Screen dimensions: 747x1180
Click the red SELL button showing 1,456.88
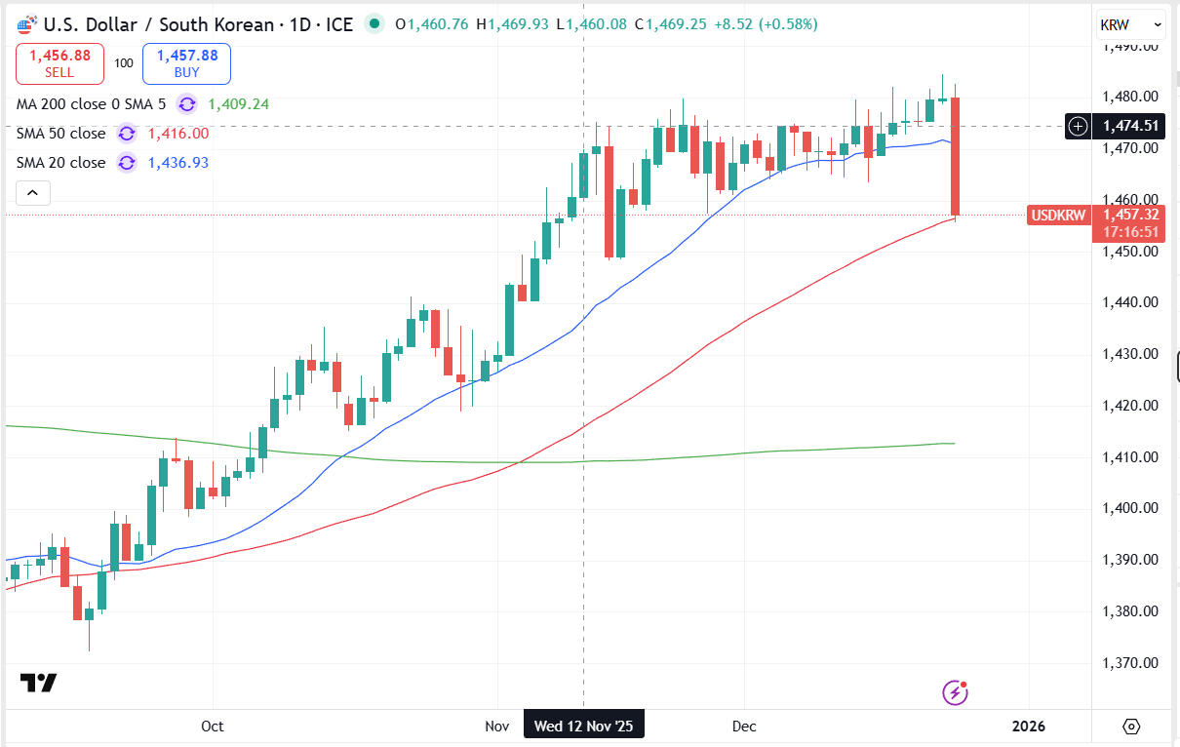click(59, 63)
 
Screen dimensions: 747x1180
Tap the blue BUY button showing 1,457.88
click(186, 63)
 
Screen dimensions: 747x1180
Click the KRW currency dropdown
click(1130, 24)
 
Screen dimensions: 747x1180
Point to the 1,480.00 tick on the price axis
click(1131, 97)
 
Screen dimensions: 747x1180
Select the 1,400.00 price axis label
click(1131, 508)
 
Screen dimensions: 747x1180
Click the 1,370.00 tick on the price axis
click(1131, 663)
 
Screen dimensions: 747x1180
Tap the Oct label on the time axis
click(212, 726)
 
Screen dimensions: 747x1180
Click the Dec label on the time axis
click(744, 726)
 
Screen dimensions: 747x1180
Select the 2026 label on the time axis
click(1029, 726)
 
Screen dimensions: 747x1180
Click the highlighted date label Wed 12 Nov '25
click(583, 726)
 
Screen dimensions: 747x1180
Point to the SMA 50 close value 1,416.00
click(177, 134)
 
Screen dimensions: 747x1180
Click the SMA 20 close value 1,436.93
click(177, 163)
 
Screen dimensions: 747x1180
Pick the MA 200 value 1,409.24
click(238, 104)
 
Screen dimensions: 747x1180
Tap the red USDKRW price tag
click(1057, 215)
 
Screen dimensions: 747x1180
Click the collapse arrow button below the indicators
click(32, 193)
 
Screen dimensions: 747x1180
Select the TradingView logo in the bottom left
click(39, 683)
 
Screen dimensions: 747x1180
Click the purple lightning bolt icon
click(956, 692)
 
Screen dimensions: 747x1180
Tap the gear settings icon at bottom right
click(1131, 726)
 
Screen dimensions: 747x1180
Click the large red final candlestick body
click(957, 156)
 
